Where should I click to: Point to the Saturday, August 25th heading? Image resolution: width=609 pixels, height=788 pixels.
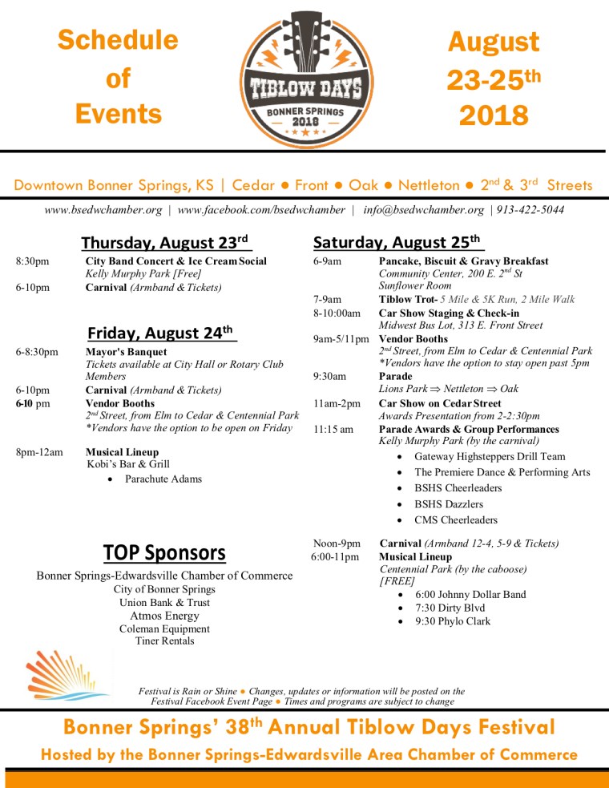pyautogui.click(x=398, y=241)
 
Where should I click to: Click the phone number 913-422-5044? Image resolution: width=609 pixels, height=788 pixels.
pyautogui.click(x=530, y=210)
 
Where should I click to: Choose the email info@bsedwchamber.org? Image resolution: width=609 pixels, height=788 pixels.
pyautogui.click(x=423, y=210)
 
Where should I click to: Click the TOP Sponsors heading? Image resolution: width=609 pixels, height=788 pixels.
pyautogui.click(x=164, y=552)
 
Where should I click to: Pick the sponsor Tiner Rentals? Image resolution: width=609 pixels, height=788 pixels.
pyautogui.click(x=164, y=641)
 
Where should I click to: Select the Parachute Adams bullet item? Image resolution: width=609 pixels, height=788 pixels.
pyautogui.click(x=163, y=479)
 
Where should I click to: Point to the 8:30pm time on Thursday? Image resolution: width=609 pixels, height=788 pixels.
pyautogui.click(x=32, y=261)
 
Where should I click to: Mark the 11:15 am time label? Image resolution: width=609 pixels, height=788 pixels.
pyautogui.click(x=333, y=429)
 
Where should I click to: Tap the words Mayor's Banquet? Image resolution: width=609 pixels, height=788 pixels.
pyautogui.click(x=126, y=352)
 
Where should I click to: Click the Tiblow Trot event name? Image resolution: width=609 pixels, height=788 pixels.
pyautogui.click(x=407, y=299)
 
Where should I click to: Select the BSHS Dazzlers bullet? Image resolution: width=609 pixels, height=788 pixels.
pyautogui.click(x=449, y=504)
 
